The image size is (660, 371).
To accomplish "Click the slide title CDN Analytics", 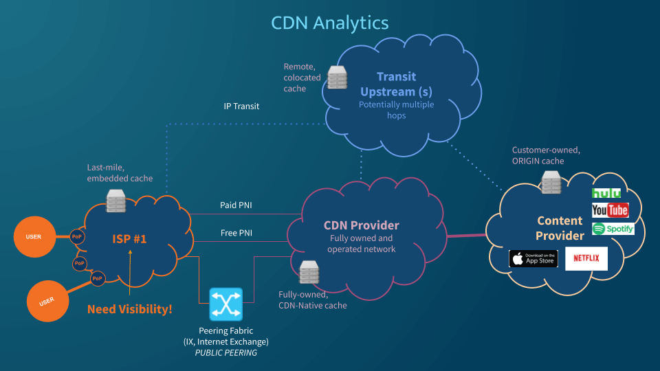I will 330,22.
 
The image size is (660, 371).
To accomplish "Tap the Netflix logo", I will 586,258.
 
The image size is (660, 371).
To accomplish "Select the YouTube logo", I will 610,210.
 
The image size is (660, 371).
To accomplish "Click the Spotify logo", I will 613,229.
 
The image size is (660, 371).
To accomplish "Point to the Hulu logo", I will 606,193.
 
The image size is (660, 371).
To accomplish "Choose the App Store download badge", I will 533,259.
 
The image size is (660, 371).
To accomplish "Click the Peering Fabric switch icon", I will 226,304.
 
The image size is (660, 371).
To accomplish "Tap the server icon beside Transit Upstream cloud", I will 337,78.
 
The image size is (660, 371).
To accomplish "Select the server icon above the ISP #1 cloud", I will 116,201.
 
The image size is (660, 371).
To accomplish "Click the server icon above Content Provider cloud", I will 551,182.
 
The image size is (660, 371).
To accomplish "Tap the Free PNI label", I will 236,233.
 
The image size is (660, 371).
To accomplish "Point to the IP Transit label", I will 241,106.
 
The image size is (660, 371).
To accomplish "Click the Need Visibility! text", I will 129,309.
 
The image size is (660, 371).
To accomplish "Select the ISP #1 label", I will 130,238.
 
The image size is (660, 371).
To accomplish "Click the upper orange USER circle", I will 34,237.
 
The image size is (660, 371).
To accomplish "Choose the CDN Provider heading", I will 361,225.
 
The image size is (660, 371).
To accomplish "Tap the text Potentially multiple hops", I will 396,110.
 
